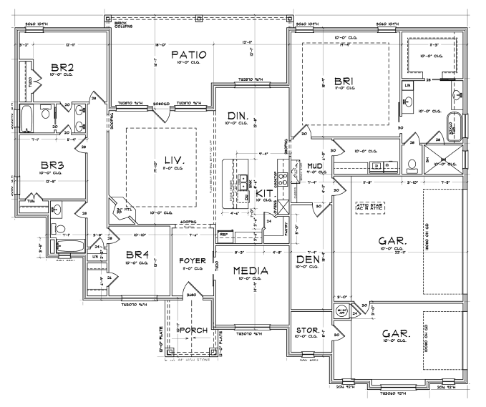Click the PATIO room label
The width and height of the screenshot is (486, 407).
click(x=189, y=54)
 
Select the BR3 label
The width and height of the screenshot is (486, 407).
click(x=52, y=165)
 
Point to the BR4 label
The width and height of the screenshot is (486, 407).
click(x=137, y=255)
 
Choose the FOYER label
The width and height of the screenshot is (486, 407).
click(x=193, y=260)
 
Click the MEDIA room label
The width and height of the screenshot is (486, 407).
click(x=251, y=270)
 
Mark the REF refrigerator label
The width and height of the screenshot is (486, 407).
click(x=223, y=234)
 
